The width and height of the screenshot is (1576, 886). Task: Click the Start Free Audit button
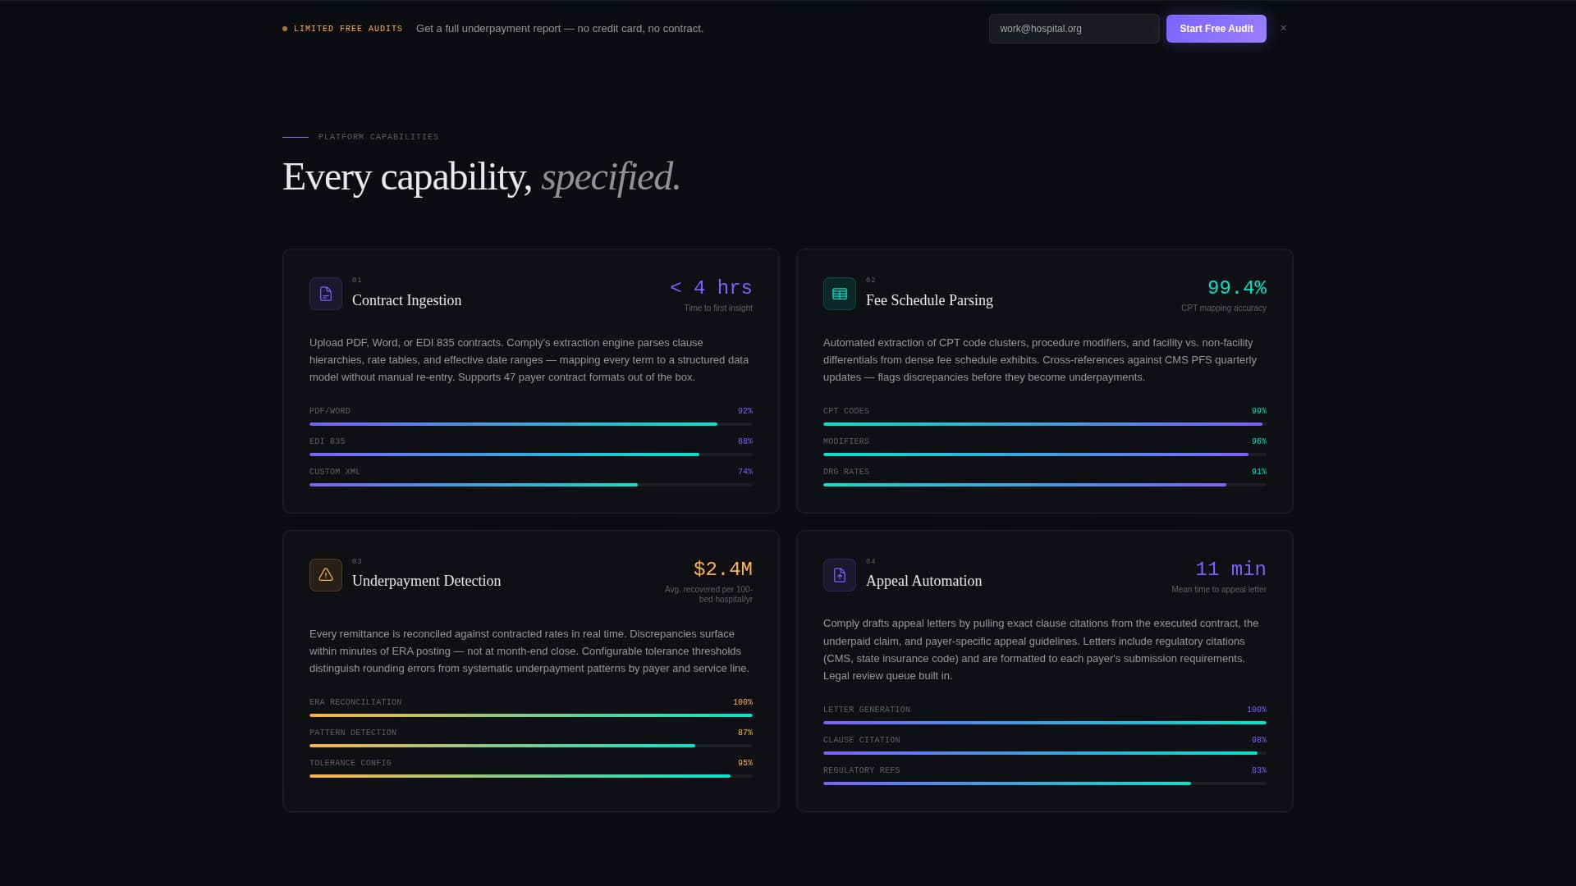(1216, 29)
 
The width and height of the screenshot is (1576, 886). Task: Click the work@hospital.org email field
(1074, 29)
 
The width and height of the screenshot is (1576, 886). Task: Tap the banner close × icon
(1284, 29)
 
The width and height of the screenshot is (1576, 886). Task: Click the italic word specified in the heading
(611, 177)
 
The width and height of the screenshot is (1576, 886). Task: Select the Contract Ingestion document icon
(326, 294)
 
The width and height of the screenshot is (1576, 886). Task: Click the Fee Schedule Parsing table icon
(840, 294)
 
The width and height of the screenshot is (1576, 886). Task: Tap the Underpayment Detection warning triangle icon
(326, 575)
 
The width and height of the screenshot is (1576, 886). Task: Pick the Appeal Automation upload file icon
(840, 575)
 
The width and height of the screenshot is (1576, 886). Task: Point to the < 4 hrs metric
(711, 288)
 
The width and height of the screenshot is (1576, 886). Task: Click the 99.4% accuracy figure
(1236, 288)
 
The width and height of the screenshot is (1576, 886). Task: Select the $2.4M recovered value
(722, 569)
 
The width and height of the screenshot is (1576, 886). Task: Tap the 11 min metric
(1230, 569)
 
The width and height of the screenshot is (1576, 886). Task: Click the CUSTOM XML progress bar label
(335, 472)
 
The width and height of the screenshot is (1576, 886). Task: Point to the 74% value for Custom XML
(744, 472)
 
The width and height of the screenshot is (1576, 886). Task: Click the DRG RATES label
(845, 472)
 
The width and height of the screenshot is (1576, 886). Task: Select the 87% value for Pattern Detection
(744, 733)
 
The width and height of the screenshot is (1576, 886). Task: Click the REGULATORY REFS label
(861, 770)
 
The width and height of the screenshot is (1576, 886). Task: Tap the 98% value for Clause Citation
(1258, 740)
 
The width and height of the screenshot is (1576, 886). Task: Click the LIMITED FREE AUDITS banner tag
(348, 29)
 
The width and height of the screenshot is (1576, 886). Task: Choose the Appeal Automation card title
(923, 581)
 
